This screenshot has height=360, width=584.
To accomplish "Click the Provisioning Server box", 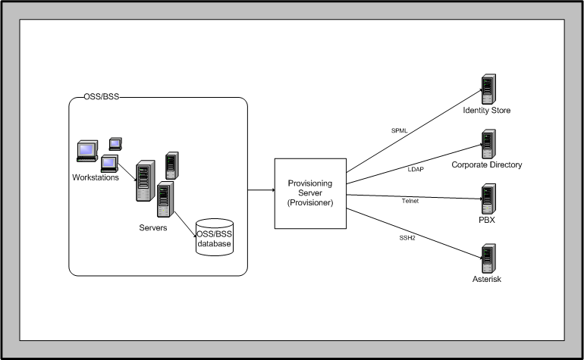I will point(310,193).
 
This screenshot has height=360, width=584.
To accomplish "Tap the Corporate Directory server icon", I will point(487,144).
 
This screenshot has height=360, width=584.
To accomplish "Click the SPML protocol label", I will point(399,130).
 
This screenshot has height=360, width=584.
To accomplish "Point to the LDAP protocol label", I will point(416,169).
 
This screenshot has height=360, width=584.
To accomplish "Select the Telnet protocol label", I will point(410,201).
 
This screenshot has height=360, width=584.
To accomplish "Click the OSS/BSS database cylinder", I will point(215,237).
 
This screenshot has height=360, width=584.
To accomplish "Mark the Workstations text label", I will point(96,178).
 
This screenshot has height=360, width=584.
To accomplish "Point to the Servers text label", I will point(154,227).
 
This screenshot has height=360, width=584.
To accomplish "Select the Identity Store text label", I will point(487,111).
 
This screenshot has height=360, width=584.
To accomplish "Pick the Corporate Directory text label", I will point(487,164).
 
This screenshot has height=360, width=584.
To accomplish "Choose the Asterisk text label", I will point(487,280).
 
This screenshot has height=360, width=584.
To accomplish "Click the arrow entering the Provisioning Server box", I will point(262,190).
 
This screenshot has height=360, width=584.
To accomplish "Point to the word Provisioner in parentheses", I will point(310,203).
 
